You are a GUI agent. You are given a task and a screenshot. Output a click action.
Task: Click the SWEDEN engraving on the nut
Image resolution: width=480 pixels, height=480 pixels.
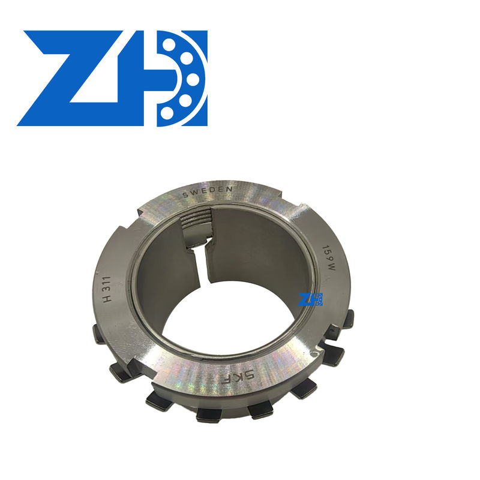[x=207, y=192]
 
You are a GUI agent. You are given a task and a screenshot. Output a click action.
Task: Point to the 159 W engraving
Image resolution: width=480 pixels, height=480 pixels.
[x=329, y=258]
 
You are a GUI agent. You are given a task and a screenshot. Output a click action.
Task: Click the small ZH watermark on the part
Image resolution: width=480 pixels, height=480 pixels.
[x=310, y=299]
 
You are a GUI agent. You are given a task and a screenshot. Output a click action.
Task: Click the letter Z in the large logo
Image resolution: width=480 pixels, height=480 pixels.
[x=70, y=78]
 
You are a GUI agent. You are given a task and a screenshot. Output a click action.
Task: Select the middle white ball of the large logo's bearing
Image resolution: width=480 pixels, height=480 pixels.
[x=193, y=79]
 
